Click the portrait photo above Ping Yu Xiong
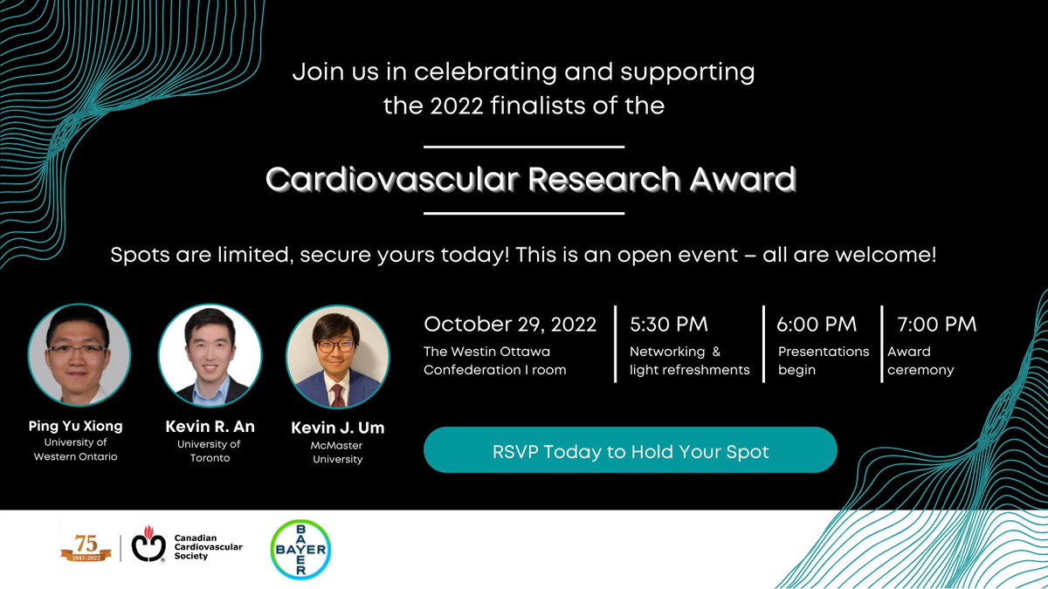pos(79,355)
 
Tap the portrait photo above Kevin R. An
pos(210,355)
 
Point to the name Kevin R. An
pos(210,427)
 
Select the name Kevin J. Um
pos(337,428)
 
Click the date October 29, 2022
pos(510,325)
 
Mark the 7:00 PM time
pos(936,325)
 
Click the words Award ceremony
pos(920,360)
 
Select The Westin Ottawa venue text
pos(487,352)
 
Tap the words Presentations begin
pos(824,360)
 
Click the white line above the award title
pos(524,147)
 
